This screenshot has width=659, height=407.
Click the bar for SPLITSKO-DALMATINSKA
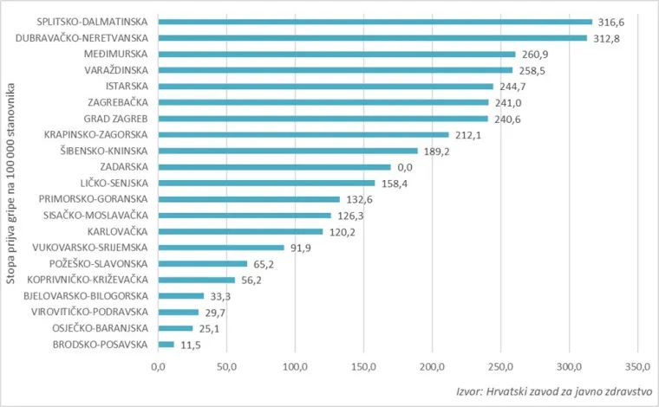(375, 22)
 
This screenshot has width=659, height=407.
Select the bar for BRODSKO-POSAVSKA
(166, 345)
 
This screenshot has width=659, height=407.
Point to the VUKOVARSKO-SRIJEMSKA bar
(220, 248)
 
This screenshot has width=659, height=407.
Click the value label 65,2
(264, 263)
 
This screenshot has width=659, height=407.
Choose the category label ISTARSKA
(127, 87)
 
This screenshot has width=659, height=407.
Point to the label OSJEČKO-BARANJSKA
(100, 328)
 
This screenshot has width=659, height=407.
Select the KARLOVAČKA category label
(118, 231)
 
